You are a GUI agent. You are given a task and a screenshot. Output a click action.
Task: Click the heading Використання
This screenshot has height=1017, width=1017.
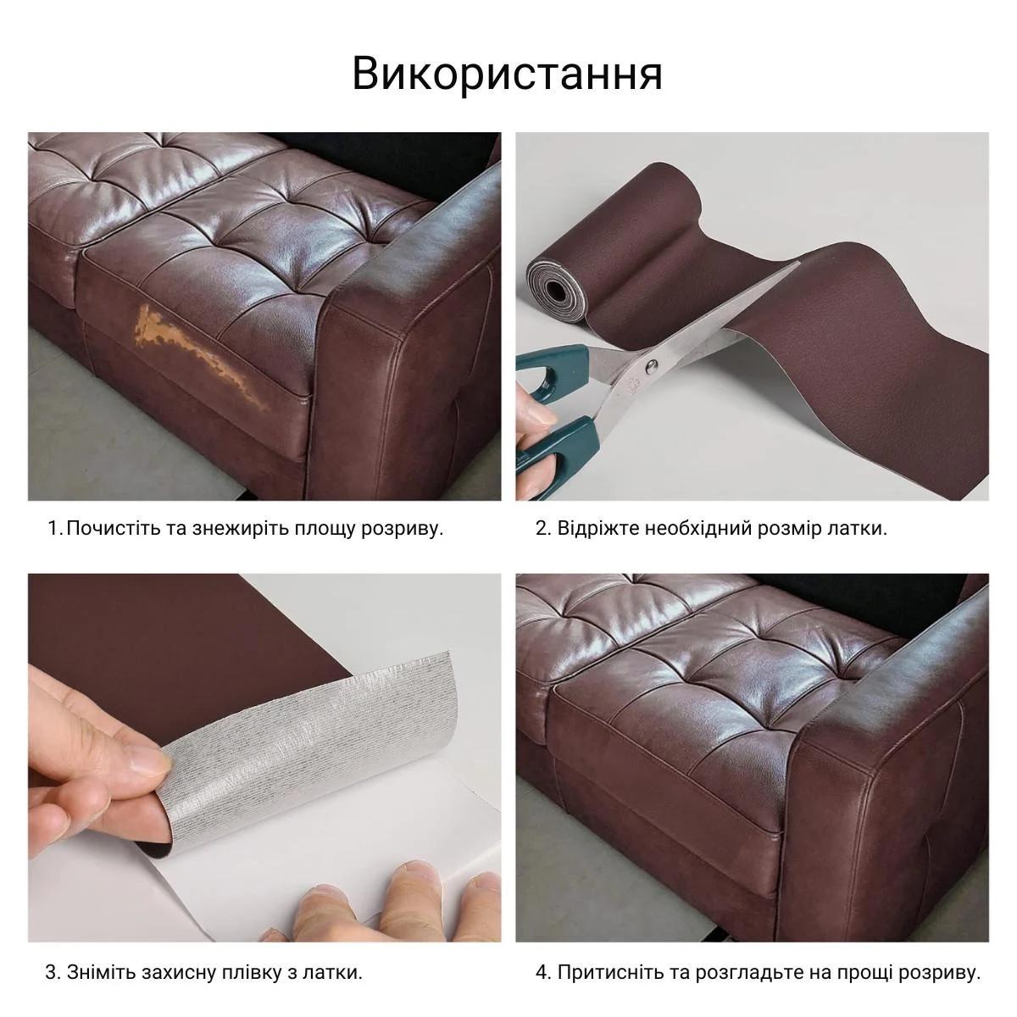[507, 74]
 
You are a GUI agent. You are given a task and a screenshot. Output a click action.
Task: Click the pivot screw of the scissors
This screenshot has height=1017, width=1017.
[651, 366]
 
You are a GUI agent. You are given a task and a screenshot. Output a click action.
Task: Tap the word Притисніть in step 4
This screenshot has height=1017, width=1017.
[605, 972]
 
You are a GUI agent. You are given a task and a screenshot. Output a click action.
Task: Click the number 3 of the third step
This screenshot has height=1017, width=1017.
[51, 972]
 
